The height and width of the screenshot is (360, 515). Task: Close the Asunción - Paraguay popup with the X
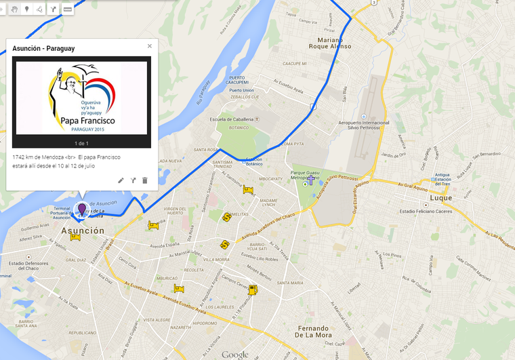pyautogui.click(x=150, y=46)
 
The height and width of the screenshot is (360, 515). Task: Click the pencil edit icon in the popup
pyautogui.click(x=121, y=180)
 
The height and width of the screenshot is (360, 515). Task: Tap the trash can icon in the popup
pyautogui.click(x=144, y=180)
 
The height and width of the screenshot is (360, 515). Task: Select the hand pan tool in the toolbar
pyautogui.click(x=13, y=9)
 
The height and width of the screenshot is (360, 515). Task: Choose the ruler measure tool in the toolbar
pyautogui.click(x=67, y=9)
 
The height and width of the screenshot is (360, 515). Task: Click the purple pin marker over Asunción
pyautogui.click(x=82, y=209)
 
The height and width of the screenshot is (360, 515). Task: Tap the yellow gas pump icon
pyautogui.click(x=253, y=289)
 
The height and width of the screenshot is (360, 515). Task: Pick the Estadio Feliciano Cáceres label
pyautogui.click(x=426, y=211)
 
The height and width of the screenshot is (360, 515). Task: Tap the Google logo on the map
pyautogui.click(x=234, y=355)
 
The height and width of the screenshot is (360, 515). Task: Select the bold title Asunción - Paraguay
pyautogui.click(x=43, y=49)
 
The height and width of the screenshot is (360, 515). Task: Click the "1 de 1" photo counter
pyautogui.click(x=82, y=143)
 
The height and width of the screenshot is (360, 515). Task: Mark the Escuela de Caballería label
pyautogui.click(x=232, y=119)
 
